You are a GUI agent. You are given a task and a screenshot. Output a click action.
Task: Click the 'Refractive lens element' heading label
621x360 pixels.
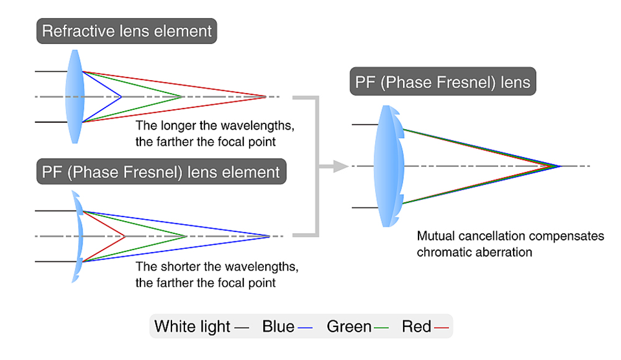pyautogui.click(x=127, y=30)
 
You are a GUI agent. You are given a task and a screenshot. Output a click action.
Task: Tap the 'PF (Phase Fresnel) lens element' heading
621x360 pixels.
pyautogui.click(x=161, y=171)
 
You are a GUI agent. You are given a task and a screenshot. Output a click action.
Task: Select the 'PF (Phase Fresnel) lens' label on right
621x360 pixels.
pyautogui.click(x=443, y=82)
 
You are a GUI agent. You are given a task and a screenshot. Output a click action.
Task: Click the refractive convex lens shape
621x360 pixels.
pyautogui.click(x=75, y=97)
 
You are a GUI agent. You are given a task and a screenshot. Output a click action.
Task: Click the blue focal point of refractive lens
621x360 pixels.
pyautogui.click(x=121, y=97)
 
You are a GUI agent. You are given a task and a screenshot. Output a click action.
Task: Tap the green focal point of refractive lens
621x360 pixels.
pyautogui.click(x=183, y=97)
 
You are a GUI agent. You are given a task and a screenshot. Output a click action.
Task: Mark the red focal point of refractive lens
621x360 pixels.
pyautogui.click(x=266, y=97)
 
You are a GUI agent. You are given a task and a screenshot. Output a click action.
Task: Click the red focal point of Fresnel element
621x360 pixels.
pyautogui.click(x=125, y=236)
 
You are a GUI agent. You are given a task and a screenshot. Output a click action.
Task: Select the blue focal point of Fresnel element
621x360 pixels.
pyautogui.click(x=270, y=236)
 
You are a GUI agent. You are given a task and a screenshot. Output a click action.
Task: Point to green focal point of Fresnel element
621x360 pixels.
pyautogui.click(x=186, y=236)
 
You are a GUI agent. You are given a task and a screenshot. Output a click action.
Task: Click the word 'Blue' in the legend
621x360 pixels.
pyautogui.click(x=278, y=326)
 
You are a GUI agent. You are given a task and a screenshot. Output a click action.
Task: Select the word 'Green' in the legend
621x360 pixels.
pyautogui.click(x=349, y=326)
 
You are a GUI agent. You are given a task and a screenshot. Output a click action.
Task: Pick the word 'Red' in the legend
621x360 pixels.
pyautogui.click(x=417, y=326)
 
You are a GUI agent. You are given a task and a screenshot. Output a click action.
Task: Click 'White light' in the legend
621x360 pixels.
pyautogui.click(x=192, y=326)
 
